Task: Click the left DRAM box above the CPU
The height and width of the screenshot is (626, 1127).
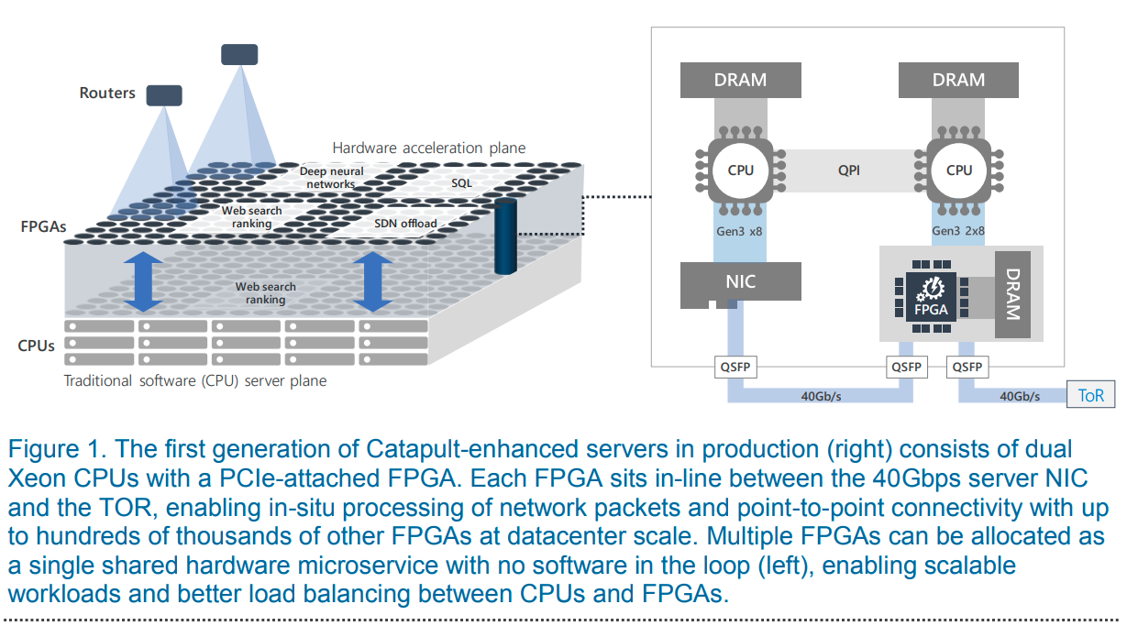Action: click(x=740, y=80)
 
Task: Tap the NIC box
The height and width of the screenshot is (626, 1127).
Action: click(x=740, y=281)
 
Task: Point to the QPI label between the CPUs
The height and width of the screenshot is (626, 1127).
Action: click(x=849, y=170)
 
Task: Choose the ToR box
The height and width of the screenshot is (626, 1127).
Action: click(x=1091, y=396)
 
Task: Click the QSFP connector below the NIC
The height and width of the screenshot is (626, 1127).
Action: click(x=735, y=368)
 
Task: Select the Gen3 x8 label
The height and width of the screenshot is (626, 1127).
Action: click(x=740, y=231)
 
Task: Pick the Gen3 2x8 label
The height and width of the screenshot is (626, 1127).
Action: click(x=958, y=231)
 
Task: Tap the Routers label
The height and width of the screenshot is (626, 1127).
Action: click(x=107, y=93)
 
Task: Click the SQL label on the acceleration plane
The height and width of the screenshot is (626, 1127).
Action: click(x=461, y=183)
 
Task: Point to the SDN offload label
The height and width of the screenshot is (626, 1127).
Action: click(x=405, y=224)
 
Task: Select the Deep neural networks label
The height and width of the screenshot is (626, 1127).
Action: click(x=331, y=177)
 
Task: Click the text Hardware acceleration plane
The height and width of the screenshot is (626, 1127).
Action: click(x=428, y=148)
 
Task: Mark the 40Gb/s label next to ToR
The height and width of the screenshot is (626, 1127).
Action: click(x=1019, y=396)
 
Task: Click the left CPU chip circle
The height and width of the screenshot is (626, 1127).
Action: click(x=740, y=170)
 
